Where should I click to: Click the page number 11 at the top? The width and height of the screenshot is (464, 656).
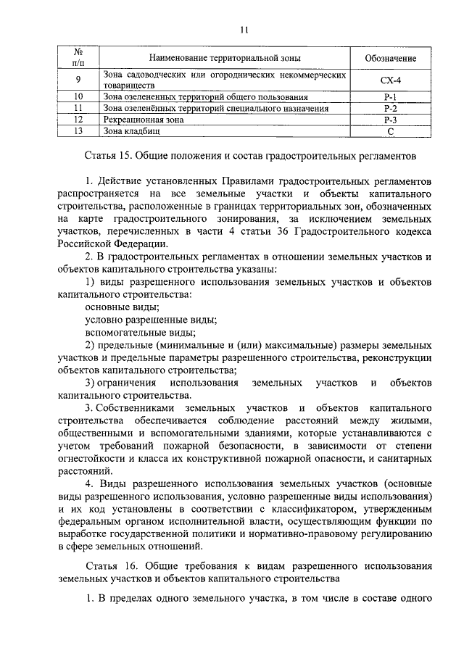coord(244,29)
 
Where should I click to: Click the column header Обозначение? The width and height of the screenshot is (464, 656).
coord(390,57)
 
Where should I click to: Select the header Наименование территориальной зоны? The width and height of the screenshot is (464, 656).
coord(225,57)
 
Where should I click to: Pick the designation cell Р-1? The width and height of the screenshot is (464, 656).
coord(390,96)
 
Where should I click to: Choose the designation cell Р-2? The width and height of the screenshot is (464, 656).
coord(390,108)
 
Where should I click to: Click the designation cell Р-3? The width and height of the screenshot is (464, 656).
coord(390,120)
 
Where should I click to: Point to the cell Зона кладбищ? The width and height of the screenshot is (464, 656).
coord(131,131)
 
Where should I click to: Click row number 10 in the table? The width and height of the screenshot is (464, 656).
coord(79,96)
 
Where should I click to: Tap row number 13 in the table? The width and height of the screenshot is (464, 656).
coord(79,131)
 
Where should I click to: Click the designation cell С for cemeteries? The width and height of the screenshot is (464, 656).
coord(390,131)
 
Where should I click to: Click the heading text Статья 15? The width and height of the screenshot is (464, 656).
coord(108,155)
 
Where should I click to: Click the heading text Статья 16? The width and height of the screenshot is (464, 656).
coord(108,564)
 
